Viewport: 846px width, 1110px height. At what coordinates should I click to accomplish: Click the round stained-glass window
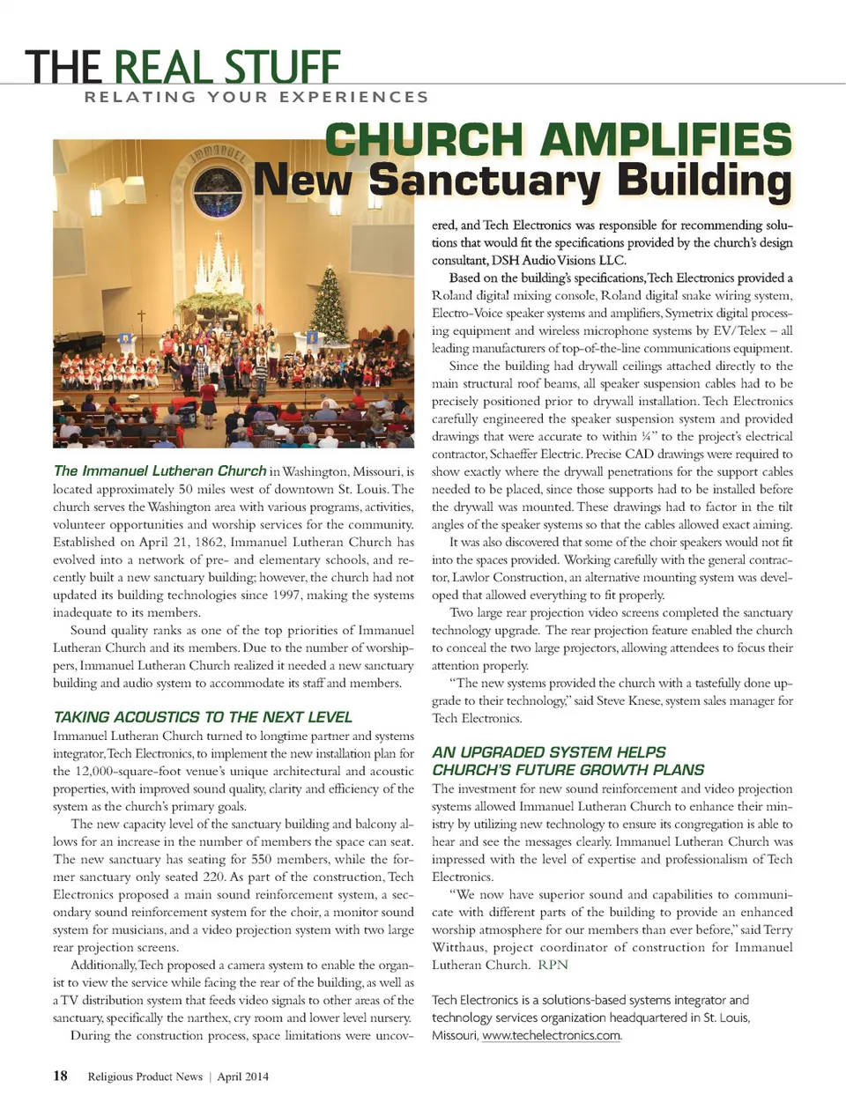click(217, 193)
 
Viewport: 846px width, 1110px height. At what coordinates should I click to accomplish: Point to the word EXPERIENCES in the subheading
click(354, 97)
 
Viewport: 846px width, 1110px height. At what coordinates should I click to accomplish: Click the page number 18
click(60, 1075)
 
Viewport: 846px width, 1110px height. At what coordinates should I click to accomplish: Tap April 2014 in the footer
click(243, 1076)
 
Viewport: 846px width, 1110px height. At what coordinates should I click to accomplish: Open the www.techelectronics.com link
click(552, 1035)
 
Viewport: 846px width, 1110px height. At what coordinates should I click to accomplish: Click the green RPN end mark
click(553, 965)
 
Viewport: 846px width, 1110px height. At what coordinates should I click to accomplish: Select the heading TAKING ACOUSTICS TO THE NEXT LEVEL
click(203, 717)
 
